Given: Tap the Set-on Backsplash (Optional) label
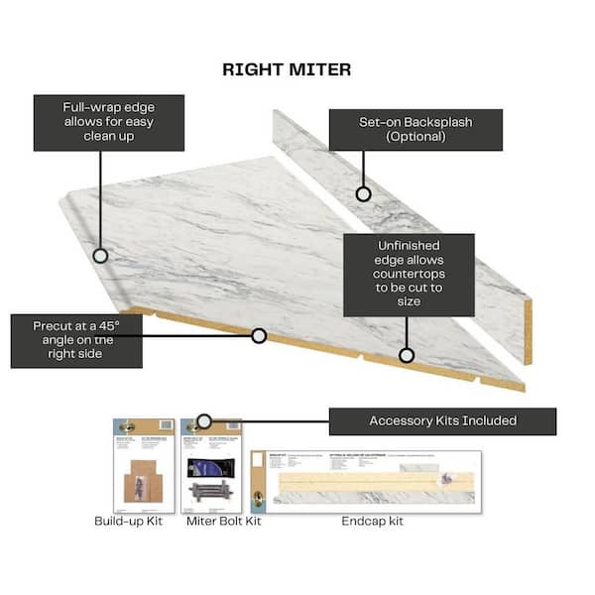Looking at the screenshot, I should point(416,130).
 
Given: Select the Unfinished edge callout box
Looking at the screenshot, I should point(409,275).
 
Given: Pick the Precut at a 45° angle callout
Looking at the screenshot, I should point(76,341).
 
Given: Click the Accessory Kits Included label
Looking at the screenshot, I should point(442,420).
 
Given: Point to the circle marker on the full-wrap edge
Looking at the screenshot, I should point(100,255).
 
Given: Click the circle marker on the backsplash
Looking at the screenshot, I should point(364,194).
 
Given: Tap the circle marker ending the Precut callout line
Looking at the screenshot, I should point(259,336).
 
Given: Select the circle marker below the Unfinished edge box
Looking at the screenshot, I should point(406,354).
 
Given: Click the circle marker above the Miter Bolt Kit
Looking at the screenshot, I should point(204,420).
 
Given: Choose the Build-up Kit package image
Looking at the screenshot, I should point(144,464).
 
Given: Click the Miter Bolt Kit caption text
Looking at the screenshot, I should point(223,522).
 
